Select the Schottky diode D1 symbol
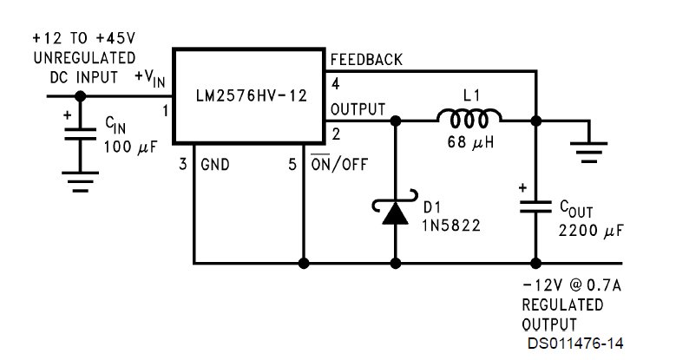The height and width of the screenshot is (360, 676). tap(396, 213)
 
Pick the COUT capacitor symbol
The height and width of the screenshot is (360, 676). tap(535, 206)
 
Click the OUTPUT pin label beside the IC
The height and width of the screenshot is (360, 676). tap(357, 109)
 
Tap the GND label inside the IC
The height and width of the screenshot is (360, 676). tap(215, 164)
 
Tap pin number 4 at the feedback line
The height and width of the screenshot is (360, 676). tap(334, 84)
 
